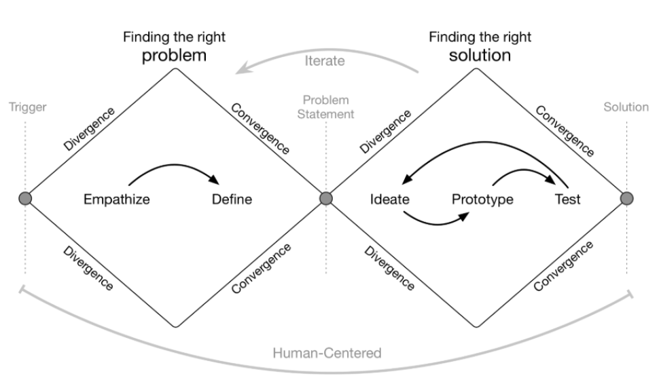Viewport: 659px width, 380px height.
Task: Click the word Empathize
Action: (x=117, y=199)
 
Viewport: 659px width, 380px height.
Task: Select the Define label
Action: (x=232, y=199)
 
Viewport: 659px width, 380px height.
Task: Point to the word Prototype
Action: (x=482, y=199)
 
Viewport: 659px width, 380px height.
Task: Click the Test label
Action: (x=567, y=199)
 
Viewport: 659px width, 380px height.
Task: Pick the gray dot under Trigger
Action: (x=25, y=198)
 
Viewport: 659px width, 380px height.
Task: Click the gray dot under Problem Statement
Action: (x=326, y=198)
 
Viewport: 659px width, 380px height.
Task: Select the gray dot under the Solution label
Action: (x=627, y=198)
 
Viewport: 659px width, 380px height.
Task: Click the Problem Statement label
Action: (x=326, y=107)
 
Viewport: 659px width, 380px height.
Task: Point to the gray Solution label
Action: (x=626, y=107)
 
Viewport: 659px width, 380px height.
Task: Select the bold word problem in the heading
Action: (x=173, y=55)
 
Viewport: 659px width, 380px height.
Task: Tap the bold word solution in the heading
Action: (x=480, y=55)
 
